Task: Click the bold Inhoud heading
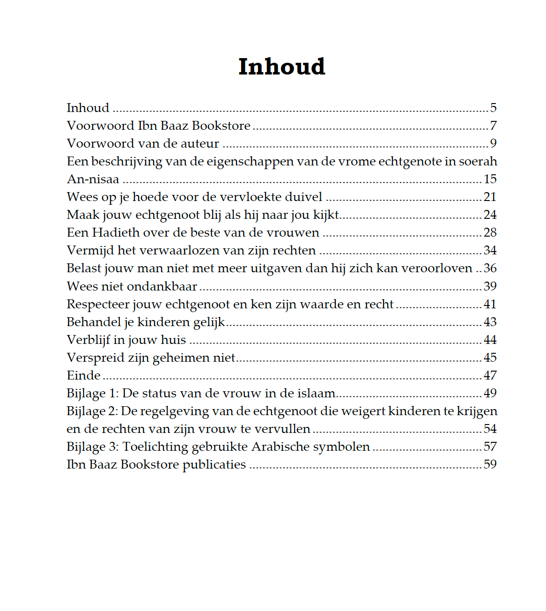(281, 67)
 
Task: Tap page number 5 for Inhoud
(493, 108)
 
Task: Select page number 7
(493, 126)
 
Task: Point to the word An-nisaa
(93, 179)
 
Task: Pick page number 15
(490, 179)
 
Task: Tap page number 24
(490, 215)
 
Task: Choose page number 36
(490, 268)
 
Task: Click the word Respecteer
(97, 304)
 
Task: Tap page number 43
(490, 322)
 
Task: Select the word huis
(173, 340)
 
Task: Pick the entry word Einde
(83, 375)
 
